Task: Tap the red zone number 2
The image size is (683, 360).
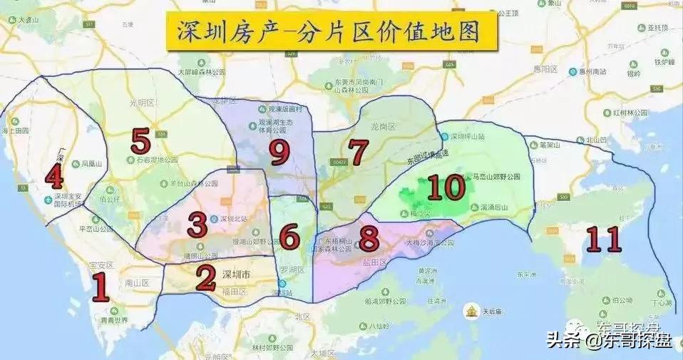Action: pos(206,278)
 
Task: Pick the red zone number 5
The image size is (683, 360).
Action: pos(140,142)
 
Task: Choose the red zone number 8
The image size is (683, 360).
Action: pos(368,239)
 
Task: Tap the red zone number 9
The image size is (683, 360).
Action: pos(278,149)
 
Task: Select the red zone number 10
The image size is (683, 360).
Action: pos(446,187)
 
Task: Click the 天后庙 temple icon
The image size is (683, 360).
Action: pos(471,312)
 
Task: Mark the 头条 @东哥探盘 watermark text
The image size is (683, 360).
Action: pos(609,341)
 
